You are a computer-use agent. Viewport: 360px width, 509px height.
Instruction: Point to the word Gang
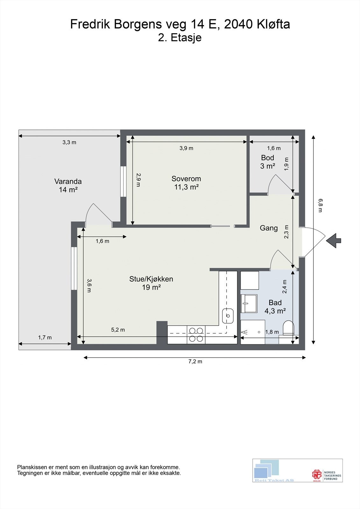tap(269, 228)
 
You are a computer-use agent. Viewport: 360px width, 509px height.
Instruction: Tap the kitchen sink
tap(228, 315)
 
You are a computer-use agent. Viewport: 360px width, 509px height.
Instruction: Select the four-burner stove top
tap(196, 335)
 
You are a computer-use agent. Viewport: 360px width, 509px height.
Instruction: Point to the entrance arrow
tap(334, 241)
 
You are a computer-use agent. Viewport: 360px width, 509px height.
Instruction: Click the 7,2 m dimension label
tap(195, 361)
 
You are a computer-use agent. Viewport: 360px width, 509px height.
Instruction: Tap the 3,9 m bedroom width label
tap(186, 148)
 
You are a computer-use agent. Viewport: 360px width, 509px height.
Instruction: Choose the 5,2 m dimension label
tap(118, 330)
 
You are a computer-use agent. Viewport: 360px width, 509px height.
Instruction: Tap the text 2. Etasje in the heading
tap(180, 38)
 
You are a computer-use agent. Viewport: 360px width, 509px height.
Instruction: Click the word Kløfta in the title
tap(273, 24)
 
